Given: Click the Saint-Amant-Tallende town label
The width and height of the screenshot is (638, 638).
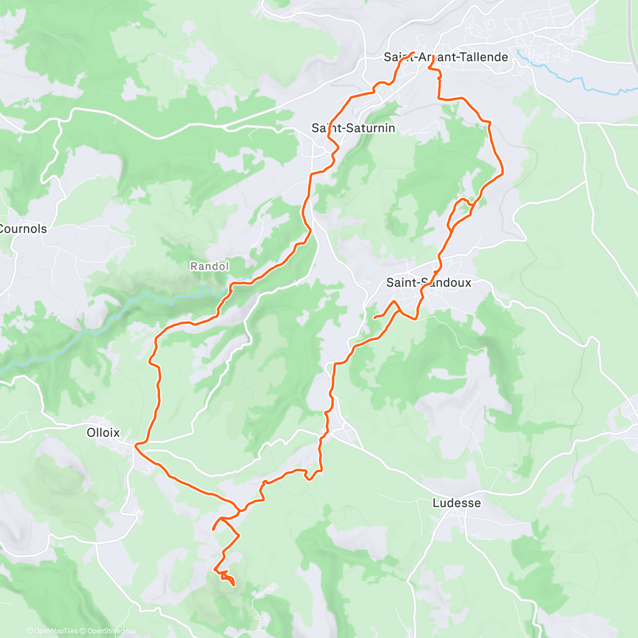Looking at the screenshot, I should point(446,57).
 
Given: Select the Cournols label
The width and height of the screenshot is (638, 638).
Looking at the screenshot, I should point(23,229).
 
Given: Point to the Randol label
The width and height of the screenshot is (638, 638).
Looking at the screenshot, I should point(209,266).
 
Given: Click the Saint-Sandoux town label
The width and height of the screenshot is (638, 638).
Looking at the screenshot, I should point(429,282).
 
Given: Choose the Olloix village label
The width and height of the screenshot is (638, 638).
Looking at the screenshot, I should point(103,433).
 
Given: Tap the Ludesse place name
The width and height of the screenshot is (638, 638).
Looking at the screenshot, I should point(456,503).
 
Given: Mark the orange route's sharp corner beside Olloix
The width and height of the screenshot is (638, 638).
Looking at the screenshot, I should point(136,443).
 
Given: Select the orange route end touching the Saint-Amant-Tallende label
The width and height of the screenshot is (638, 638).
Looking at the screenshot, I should point(413,53).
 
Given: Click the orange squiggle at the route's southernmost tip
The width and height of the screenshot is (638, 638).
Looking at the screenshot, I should point(226,577).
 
